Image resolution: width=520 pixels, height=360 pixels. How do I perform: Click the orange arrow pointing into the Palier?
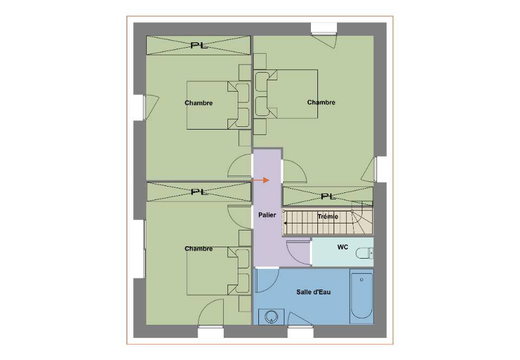tap(261, 180)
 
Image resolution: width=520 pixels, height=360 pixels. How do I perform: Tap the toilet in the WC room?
tap(365, 253)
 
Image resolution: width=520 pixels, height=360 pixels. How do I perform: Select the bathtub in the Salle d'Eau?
tap(361, 296)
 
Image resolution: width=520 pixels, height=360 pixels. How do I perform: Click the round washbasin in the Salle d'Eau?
tap(271, 317)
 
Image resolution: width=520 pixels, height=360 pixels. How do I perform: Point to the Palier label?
tap(267, 215)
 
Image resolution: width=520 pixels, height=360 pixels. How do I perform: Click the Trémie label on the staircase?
tap(328, 217)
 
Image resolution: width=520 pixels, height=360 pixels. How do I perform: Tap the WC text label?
tap(342, 247)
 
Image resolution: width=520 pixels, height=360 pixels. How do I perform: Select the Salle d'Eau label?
tap(314, 292)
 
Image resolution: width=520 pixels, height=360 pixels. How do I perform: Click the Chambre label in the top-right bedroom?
tap(321, 102)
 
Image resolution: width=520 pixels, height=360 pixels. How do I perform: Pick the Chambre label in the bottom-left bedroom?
tap(198, 248)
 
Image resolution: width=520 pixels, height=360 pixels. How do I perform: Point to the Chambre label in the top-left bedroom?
tap(198, 103)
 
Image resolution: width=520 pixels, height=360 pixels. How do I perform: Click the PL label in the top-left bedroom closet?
tap(199, 46)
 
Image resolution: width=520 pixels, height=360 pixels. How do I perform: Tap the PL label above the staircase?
tap(328, 196)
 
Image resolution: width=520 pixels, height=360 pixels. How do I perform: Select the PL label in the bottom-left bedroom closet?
tap(200, 192)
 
